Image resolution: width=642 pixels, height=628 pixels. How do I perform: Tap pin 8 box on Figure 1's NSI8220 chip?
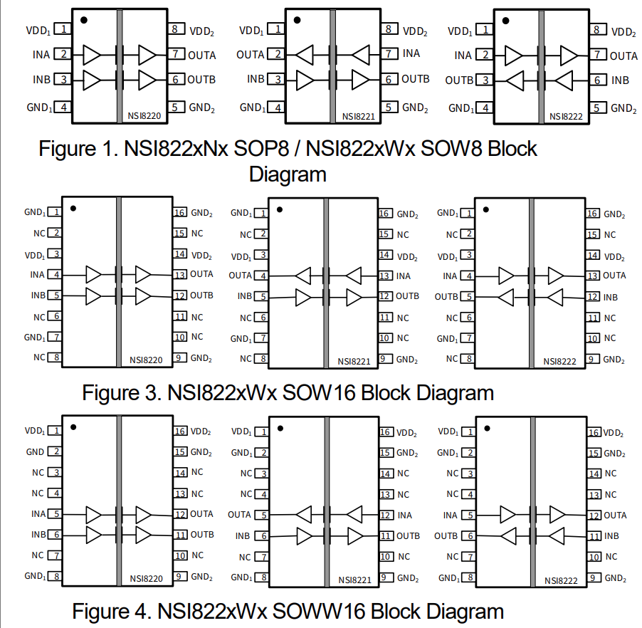tap(175, 30)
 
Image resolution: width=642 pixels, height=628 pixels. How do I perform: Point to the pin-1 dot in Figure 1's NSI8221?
tap(297, 21)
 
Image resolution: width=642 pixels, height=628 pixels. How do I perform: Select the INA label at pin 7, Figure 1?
tap(411, 53)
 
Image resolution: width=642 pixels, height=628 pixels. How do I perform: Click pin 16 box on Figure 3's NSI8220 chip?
tap(180, 212)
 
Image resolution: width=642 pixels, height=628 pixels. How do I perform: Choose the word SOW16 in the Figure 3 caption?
tap(320, 392)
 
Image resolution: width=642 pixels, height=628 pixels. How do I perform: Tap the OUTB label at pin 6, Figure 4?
tap(446, 535)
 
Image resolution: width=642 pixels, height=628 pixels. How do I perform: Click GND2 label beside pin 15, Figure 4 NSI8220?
tap(201, 452)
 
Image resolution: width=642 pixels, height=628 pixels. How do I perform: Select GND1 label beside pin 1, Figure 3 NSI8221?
tap(241, 213)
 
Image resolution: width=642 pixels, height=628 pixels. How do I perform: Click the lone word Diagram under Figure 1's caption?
tap(288, 174)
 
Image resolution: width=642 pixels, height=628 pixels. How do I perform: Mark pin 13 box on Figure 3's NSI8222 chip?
tap(593, 276)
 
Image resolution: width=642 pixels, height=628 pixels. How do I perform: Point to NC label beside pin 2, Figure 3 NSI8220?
tap(39, 233)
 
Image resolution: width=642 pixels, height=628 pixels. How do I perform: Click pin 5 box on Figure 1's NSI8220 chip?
tap(175, 108)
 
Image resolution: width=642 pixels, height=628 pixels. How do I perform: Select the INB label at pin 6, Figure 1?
tap(620, 80)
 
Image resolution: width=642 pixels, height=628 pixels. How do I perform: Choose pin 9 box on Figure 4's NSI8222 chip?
tap(593, 578)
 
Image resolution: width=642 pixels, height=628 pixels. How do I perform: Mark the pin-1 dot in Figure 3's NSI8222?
tap(486, 210)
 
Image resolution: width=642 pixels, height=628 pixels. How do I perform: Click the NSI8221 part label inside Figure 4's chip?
tap(354, 580)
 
